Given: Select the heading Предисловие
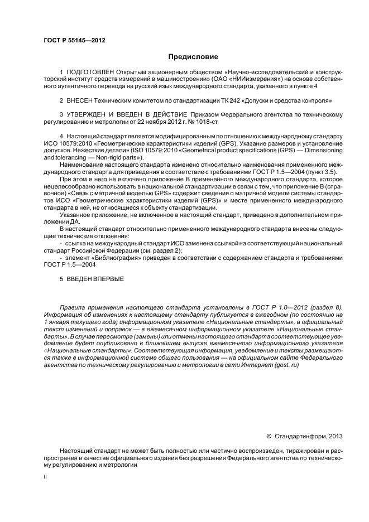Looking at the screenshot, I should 193,56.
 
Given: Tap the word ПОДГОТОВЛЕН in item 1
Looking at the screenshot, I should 90,72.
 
